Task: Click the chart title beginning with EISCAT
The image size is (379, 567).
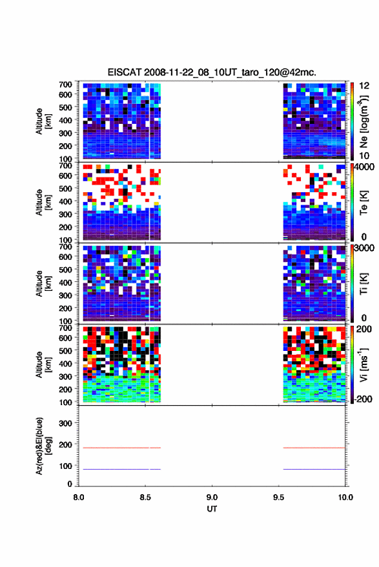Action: coord(212,72)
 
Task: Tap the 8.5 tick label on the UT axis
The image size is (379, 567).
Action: coord(145,497)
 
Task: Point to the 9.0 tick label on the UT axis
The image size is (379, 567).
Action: coord(212,497)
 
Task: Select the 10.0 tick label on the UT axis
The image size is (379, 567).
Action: coord(345,497)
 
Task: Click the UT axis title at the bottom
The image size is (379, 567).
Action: coord(212,509)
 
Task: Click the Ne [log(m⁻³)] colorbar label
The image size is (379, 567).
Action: coord(364,121)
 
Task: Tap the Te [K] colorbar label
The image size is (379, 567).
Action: coord(364,203)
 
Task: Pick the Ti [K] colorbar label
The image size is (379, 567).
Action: coord(364,284)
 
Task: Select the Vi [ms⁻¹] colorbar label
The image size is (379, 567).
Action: coord(364,364)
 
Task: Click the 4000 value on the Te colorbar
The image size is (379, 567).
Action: coord(364,168)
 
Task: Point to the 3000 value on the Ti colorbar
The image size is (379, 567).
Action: coord(364,248)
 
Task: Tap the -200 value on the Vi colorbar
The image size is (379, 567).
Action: coord(363,399)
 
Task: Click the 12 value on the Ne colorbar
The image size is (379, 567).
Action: coord(364,86)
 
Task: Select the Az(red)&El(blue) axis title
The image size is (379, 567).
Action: coord(43,446)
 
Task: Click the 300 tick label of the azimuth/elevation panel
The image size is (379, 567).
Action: coord(65,423)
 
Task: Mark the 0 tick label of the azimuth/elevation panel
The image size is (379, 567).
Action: coord(70,484)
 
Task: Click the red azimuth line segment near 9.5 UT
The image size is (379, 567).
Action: coord(314,448)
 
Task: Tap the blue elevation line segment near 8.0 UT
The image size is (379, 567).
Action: coord(116,469)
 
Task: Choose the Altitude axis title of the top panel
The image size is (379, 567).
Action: coord(43,121)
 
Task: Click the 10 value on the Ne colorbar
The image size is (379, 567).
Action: coord(364,156)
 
